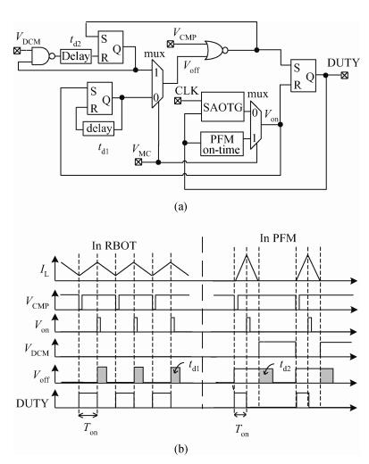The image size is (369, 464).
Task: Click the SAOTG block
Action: (x=222, y=106)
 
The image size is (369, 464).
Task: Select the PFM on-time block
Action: (x=222, y=144)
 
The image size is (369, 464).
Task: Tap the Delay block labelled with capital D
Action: (x=76, y=56)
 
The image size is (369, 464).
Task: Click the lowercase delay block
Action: (x=98, y=128)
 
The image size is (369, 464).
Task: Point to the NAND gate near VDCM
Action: (x=43, y=56)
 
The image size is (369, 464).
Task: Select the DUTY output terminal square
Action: (x=345, y=75)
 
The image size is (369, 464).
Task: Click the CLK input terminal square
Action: (x=178, y=101)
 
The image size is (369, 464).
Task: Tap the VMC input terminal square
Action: (x=138, y=162)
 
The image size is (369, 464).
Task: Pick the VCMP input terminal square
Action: (x=171, y=44)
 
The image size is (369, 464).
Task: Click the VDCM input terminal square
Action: (x=17, y=51)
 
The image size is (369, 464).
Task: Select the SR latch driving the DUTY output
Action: (x=303, y=76)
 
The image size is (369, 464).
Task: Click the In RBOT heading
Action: (x=113, y=245)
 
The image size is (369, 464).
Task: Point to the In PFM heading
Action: (x=278, y=238)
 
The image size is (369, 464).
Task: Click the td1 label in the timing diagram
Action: (x=194, y=367)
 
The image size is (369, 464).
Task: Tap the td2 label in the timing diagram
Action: (x=286, y=366)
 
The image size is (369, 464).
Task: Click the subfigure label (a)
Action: (x=180, y=206)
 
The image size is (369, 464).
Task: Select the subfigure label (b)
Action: (x=180, y=449)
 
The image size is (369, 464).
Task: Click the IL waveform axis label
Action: (x=45, y=270)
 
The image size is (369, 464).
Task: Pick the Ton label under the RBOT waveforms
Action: (x=90, y=429)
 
